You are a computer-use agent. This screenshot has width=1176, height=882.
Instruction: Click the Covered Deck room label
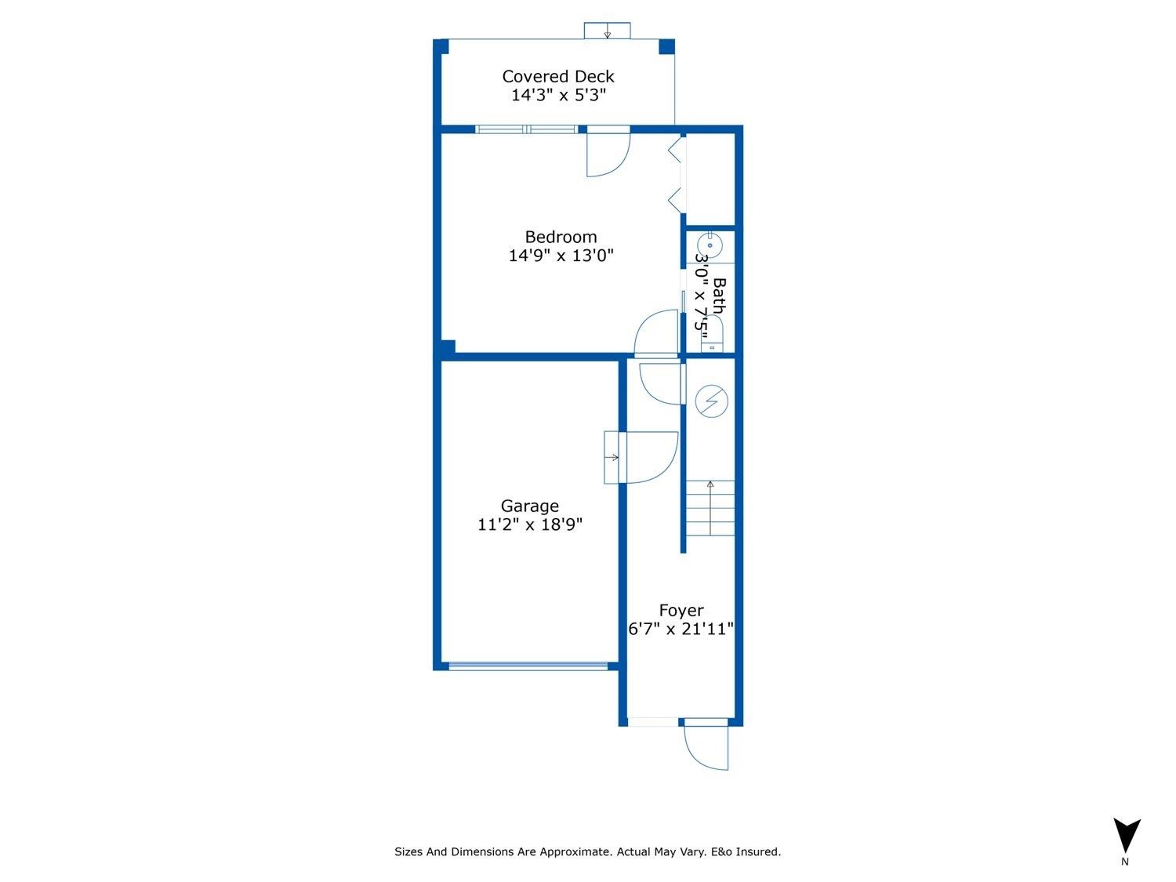[557, 77]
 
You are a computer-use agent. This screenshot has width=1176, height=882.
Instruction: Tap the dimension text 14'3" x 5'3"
[557, 96]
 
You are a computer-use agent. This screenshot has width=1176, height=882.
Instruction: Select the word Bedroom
[561, 237]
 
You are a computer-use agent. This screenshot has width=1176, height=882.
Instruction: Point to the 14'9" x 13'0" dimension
[561, 256]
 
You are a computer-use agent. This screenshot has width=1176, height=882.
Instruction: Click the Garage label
[530, 506]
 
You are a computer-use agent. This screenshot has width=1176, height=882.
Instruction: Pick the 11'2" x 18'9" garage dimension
[530, 525]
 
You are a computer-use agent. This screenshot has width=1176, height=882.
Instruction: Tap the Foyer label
[681, 611]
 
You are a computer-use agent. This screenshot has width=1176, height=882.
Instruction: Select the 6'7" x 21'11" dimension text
[681, 629]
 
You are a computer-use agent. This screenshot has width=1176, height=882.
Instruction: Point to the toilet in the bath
[711, 338]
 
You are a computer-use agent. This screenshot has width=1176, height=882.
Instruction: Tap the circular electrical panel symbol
[711, 401]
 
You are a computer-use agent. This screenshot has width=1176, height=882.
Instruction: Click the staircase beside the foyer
[710, 508]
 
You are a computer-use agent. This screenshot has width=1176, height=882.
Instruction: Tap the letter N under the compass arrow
[1125, 862]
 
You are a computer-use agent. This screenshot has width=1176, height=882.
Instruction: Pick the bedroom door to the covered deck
[608, 153]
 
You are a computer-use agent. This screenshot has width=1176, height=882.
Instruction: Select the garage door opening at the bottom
[528, 666]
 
